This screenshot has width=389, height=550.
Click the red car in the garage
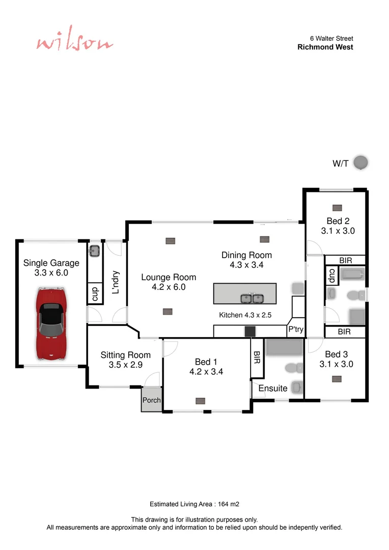[51, 322]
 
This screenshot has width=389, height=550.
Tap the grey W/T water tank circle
[360, 163]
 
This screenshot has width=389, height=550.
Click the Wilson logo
[74, 43]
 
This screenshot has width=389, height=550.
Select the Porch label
[151, 400]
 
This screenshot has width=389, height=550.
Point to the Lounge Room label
[169, 278]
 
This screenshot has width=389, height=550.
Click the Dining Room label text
[246, 255]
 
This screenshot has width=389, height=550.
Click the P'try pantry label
[296, 329]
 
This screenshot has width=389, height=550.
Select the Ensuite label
[272, 388]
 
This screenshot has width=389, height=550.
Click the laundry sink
[95, 251]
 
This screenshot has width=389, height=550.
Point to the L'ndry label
[115, 282]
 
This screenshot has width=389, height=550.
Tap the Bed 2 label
[338, 221]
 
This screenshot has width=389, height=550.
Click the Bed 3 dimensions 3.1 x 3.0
[336, 364]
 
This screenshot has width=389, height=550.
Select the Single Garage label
[51, 263]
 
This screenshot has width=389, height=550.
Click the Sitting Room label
[125, 355]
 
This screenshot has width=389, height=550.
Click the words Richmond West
[325, 47]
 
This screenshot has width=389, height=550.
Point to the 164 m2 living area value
[229, 504]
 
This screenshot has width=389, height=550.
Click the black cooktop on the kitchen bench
[250, 331]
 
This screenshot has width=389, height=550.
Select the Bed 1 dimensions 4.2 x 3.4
[206, 372]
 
